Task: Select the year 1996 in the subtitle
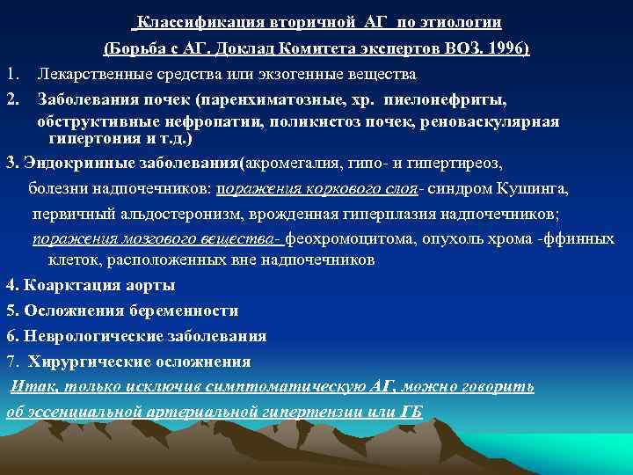[508, 47]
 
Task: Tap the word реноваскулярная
[491, 121]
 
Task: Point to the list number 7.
[11, 362]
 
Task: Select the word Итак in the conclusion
[26, 387]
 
